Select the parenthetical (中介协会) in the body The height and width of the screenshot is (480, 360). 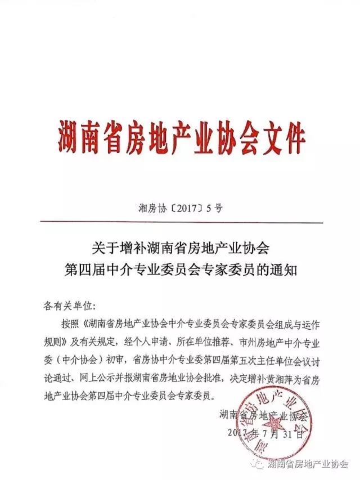point(87,361)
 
